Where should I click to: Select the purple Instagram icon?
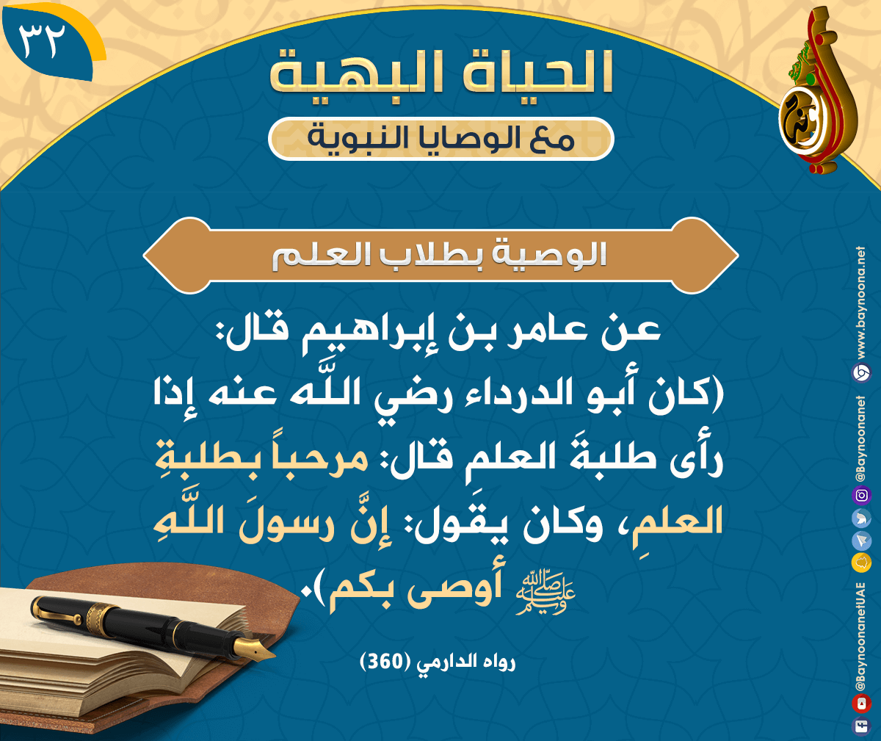tap(861, 495)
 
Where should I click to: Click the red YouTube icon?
tap(861, 704)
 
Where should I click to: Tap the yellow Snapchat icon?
tap(861, 563)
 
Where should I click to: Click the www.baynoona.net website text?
tap(861, 303)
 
